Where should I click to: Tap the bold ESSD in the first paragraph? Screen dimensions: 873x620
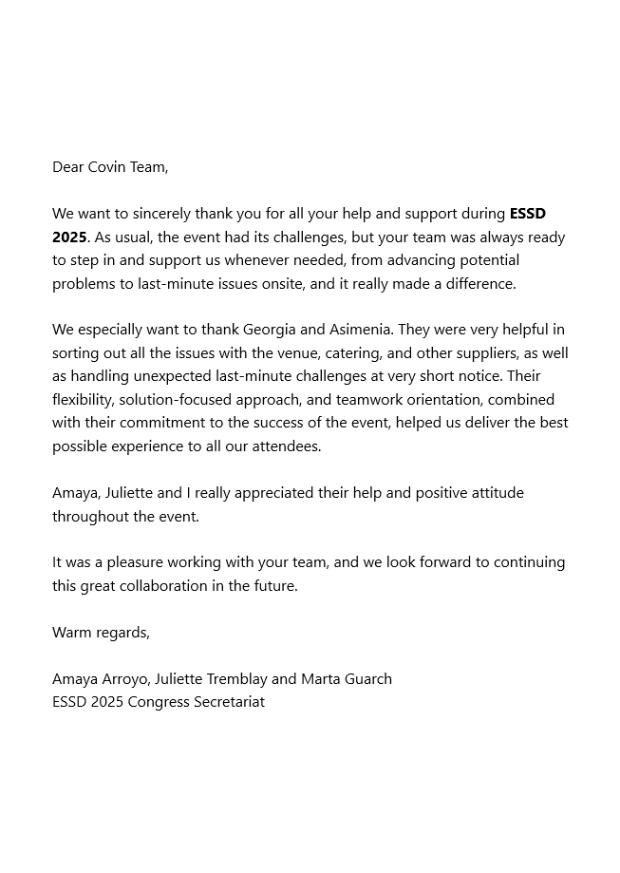[x=528, y=214]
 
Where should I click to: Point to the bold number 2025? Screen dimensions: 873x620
[x=69, y=237]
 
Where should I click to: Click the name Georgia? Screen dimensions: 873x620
[x=270, y=330]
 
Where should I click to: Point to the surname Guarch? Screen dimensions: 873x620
[x=366, y=678]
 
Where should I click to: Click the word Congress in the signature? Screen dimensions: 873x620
[x=146, y=702]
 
